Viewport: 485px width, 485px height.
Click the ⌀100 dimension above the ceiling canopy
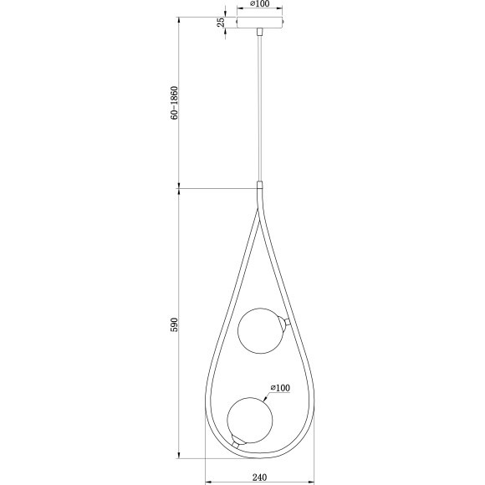click(x=259, y=6)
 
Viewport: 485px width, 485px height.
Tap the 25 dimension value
click(x=221, y=23)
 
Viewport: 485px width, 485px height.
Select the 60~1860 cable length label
click(x=175, y=103)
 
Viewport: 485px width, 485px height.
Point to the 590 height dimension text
click(x=175, y=324)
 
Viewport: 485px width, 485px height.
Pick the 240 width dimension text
click(x=258, y=477)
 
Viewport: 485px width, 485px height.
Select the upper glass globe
click(x=261, y=330)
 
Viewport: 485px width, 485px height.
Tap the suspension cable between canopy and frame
click(x=260, y=109)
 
